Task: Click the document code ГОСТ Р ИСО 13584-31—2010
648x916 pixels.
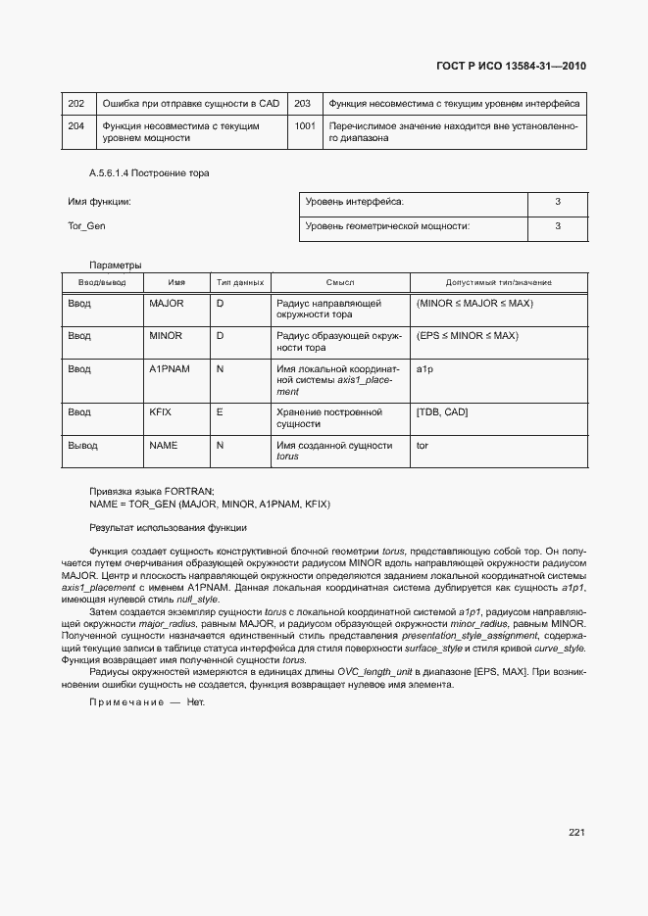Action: pyautogui.click(x=511, y=67)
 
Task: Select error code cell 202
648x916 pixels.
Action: pyautogui.click(x=75, y=103)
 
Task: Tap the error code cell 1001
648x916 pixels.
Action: pyautogui.click(x=305, y=126)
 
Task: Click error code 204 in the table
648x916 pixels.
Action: pyautogui.click(x=75, y=126)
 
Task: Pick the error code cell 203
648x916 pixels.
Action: pyautogui.click(x=303, y=103)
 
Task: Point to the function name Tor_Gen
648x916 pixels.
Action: pyautogui.click(x=86, y=226)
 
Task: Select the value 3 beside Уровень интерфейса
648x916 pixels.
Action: pyautogui.click(x=557, y=202)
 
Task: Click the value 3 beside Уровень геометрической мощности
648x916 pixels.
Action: pyautogui.click(x=557, y=226)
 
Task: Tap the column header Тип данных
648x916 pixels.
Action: pyautogui.click(x=239, y=282)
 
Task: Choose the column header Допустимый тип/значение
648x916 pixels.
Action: pyautogui.click(x=498, y=282)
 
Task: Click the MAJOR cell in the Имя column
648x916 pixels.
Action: pyautogui.click(x=166, y=304)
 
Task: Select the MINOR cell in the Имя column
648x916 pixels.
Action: pyautogui.click(x=166, y=336)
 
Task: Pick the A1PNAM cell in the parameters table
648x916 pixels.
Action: pyautogui.click(x=169, y=369)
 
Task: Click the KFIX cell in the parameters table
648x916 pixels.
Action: pyautogui.click(x=160, y=412)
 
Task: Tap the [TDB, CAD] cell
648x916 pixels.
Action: pyautogui.click(x=442, y=412)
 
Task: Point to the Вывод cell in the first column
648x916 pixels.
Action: pyautogui.click(x=82, y=445)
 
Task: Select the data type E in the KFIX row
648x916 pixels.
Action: pyautogui.click(x=220, y=412)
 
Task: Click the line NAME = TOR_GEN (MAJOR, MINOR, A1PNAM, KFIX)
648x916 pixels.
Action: pyautogui.click(x=210, y=504)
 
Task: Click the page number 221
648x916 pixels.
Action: pyautogui.click(x=576, y=833)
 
